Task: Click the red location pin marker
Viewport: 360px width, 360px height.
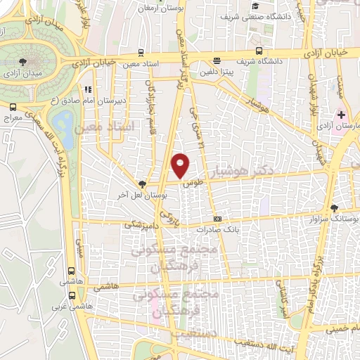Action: (x=181, y=165)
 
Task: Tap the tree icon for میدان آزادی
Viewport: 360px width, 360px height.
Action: (x=25, y=63)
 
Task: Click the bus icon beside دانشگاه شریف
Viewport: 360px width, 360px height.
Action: (x=259, y=51)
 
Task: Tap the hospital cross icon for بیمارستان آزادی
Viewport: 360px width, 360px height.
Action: (x=341, y=114)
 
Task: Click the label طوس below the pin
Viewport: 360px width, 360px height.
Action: (x=186, y=185)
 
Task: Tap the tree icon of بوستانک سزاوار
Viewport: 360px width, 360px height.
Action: (x=334, y=208)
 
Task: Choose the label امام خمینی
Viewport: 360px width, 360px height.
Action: (x=340, y=328)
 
